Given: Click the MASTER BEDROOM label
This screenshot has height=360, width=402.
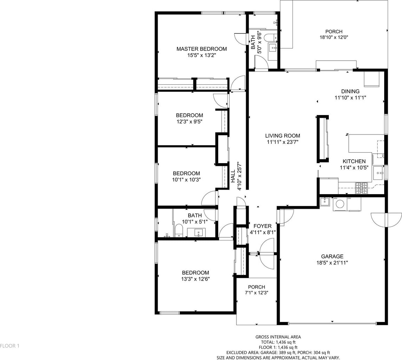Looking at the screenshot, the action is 202,49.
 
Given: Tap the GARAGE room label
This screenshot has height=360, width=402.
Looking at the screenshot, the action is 332,256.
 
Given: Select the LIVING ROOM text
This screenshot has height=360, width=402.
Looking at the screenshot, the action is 282,136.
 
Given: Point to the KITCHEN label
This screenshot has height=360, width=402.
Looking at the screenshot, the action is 354,161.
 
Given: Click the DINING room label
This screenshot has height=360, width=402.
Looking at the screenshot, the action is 350,91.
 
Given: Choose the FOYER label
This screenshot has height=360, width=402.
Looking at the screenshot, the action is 263,226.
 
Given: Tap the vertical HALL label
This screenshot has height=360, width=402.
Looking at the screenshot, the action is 233,176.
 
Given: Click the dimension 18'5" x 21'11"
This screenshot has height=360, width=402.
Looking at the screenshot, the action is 332,263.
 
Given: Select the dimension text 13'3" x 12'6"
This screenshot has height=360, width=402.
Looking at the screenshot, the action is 195,279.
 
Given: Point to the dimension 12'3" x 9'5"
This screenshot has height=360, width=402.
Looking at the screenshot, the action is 189,122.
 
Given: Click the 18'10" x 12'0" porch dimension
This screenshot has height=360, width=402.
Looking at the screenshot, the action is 334,37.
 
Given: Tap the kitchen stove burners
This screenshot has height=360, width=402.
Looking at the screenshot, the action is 362,188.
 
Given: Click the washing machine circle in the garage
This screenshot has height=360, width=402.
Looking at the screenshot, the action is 340,204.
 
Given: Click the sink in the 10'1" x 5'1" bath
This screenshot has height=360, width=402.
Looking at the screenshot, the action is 198,233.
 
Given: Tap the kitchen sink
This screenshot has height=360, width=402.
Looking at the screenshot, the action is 378,173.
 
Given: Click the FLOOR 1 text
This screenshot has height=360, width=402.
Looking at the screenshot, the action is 10,346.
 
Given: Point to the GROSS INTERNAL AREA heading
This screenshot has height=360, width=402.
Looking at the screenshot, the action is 278,337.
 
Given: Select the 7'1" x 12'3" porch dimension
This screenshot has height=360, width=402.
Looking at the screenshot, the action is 256,293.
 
